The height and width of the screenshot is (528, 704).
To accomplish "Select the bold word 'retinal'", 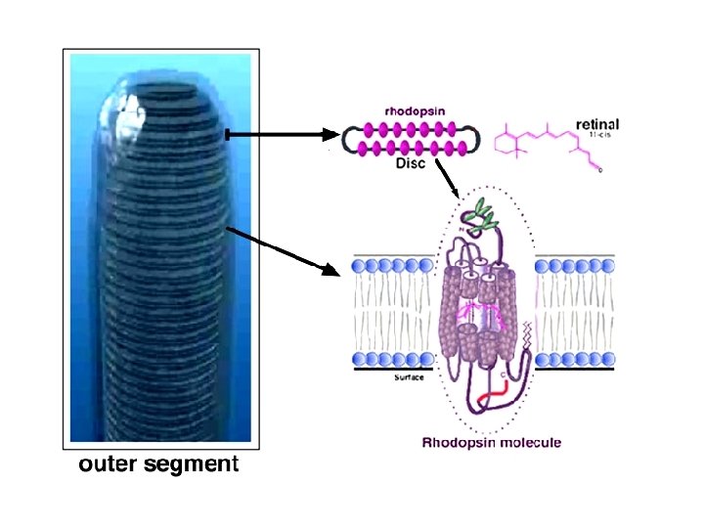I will point(597,124).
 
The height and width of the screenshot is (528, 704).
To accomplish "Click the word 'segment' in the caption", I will point(193,465).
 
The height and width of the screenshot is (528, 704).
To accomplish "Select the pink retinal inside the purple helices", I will point(482,314).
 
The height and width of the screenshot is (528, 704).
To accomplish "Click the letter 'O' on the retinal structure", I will point(600,171).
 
